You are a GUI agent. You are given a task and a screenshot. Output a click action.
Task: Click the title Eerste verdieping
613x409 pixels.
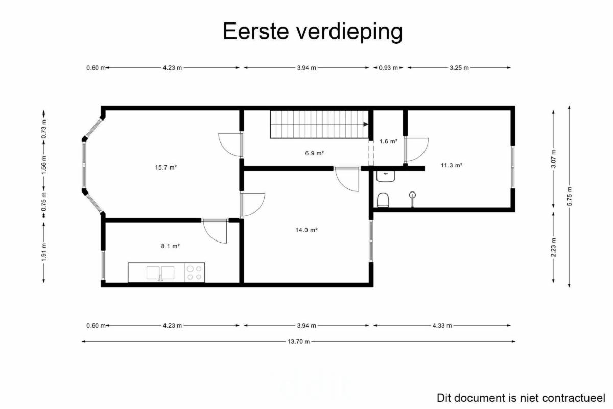pyautogui.click(x=313, y=32)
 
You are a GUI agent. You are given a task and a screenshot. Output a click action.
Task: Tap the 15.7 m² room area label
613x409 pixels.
pyautogui.click(x=166, y=167)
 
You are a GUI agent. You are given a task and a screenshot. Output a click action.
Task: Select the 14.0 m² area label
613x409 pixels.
pyautogui.click(x=306, y=230)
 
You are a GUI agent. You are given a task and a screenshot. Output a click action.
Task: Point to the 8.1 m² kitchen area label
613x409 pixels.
pyautogui.click(x=170, y=246)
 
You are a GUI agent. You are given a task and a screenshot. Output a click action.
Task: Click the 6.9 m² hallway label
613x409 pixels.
pyautogui.click(x=315, y=153)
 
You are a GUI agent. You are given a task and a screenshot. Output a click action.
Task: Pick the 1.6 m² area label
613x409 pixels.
pyautogui.click(x=388, y=141)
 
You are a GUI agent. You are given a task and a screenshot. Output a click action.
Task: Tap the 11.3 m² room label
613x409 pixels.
pyautogui.click(x=452, y=165)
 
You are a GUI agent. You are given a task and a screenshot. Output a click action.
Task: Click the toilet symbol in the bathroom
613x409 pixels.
pyautogui.click(x=383, y=200)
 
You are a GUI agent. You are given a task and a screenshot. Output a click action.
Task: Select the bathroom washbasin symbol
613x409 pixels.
pyautogui.click(x=386, y=176)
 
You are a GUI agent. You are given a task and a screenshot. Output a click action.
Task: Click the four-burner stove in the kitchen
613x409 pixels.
pyautogui.click(x=195, y=273)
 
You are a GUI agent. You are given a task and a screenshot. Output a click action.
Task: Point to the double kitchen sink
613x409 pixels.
pyautogui.click(x=160, y=273)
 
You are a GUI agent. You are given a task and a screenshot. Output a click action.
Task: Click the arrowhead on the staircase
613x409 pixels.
pyautogui.click(x=366, y=124)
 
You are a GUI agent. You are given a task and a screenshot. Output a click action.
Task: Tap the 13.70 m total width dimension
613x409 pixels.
pyautogui.click(x=298, y=341)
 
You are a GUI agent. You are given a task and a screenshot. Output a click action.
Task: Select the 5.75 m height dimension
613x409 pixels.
pyautogui.click(x=569, y=197)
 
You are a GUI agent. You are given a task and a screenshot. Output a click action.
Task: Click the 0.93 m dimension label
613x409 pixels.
pyautogui.click(x=388, y=68)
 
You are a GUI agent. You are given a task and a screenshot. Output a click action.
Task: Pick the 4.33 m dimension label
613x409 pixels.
pyautogui.click(x=442, y=326)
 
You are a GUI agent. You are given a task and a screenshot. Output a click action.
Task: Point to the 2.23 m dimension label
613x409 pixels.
pyautogui.click(x=553, y=248)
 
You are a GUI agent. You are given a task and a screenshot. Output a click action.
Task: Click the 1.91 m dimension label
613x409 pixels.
pyautogui.click(x=44, y=252)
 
